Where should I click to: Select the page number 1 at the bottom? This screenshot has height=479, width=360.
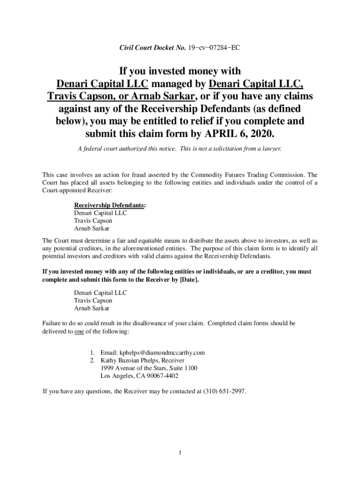[x=180, y=452]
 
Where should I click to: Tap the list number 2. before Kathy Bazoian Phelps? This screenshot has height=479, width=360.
[x=93, y=361]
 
